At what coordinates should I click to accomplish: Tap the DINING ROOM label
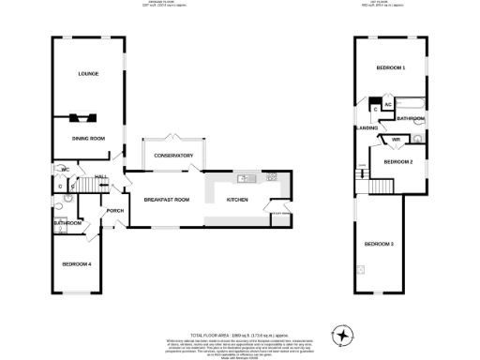click(x=87, y=138)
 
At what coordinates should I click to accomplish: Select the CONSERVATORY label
click(x=173, y=155)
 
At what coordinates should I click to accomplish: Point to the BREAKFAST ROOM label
click(x=166, y=199)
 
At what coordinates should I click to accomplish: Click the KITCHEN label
click(x=238, y=199)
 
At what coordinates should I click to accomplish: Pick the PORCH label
click(x=116, y=210)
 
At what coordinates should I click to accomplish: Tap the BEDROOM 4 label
click(x=76, y=264)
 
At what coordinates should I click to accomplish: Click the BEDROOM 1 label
click(x=390, y=68)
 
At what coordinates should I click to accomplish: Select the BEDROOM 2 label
click(x=397, y=161)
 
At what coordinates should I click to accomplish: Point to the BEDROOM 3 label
click(x=378, y=244)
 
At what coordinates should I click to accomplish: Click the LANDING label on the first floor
click(x=366, y=127)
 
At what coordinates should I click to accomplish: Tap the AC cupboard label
click(x=387, y=105)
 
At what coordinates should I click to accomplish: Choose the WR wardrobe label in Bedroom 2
click(x=396, y=140)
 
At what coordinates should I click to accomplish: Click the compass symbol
click(x=344, y=335)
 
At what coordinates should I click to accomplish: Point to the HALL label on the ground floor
click(x=99, y=177)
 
